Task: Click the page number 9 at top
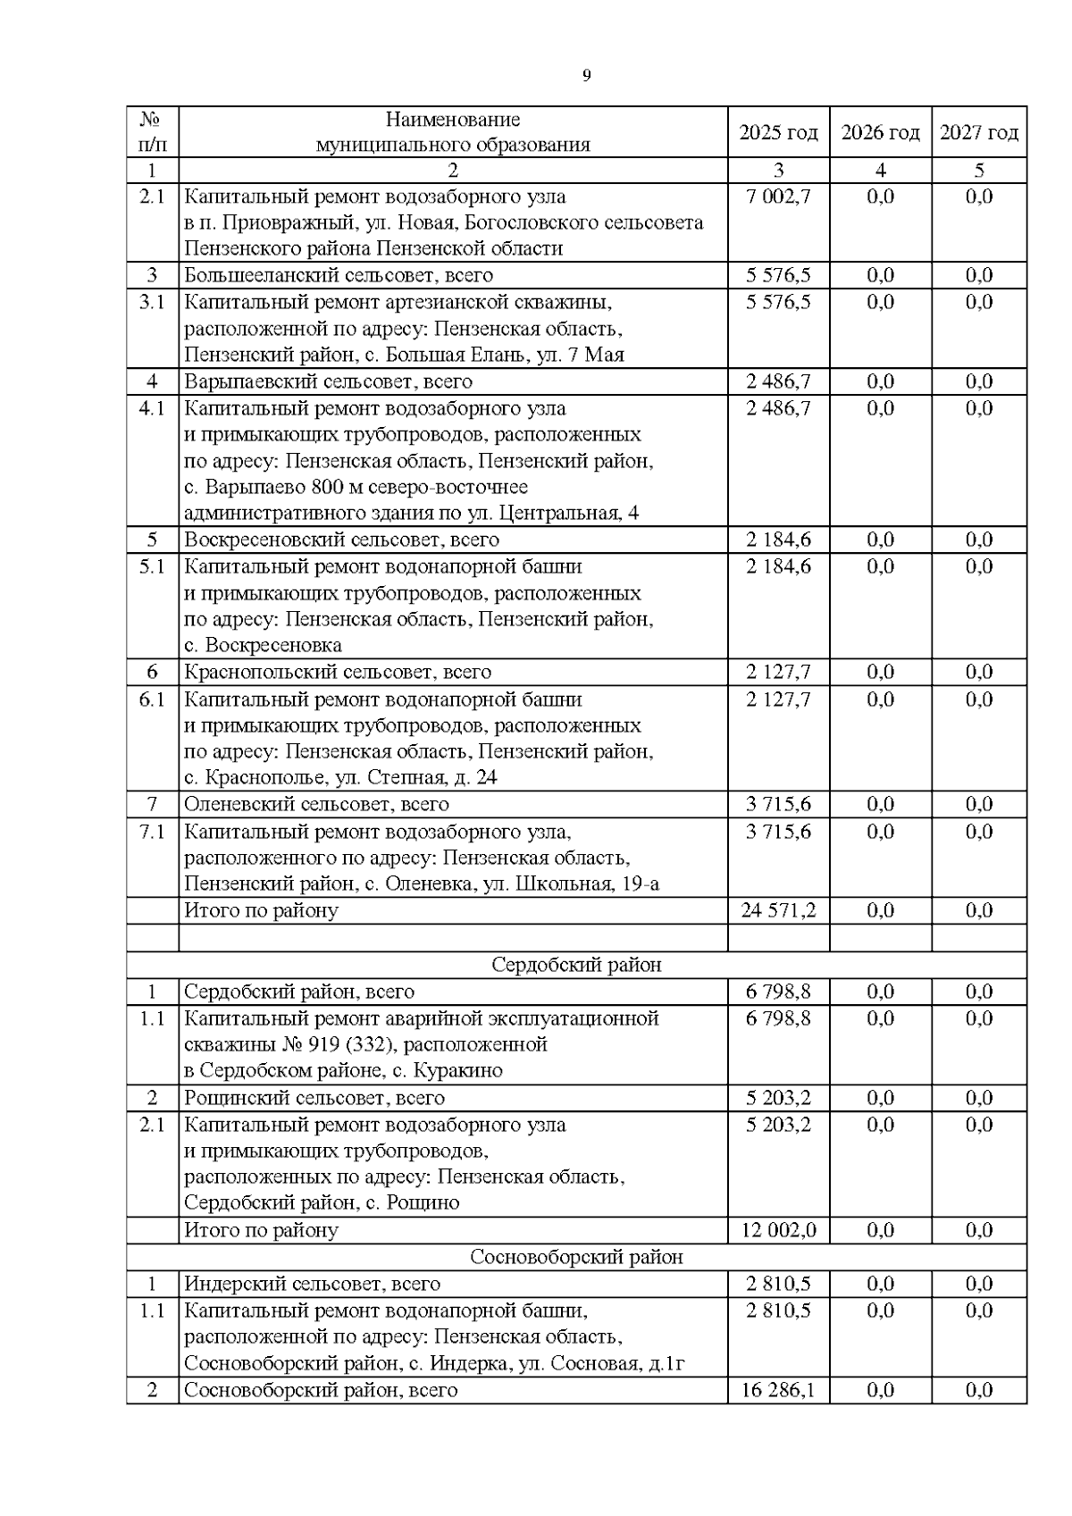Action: [x=586, y=76]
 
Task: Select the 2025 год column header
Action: [x=778, y=132]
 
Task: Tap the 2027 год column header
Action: [x=979, y=132]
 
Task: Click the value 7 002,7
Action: [x=778, y=197]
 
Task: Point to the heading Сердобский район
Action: [x=576, y=965]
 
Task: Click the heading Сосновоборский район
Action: [x=576, y=1257]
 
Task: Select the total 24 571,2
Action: [x=778, y=910]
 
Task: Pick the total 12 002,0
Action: [x=778, y=1230]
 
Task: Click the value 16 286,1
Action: [x=778, y=1390]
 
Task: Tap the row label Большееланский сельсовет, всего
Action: [x=339, y=275]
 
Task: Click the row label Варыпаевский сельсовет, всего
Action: [x=328, y=381]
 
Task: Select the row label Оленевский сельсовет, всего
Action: [x=316, y=804]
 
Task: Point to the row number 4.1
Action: [x=152, y=408]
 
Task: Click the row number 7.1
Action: [x=152, y=832]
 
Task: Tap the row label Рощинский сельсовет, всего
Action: [x=314, y=1098]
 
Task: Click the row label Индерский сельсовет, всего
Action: [x=312, y=1284]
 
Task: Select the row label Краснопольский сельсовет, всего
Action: [x=338, y=672]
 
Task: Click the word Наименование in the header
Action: [x=453, y=120]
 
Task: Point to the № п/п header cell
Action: [x=152, y=132]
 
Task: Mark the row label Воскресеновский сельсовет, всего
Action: [x=341, y=540]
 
